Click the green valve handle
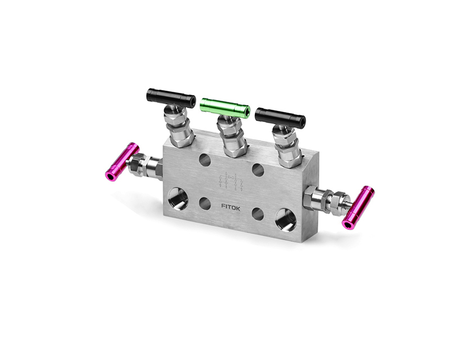click(x=225, y=107)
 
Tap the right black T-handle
click(x=280, y=118)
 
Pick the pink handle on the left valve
click(x=122, y=161)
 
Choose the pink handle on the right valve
click(x=359, y=207)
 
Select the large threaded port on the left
click(x=178, y=199)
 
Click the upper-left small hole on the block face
click(x=205, y=160)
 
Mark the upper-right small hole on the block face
click(x=258, y=169)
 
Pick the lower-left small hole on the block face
click(x=205, y=203)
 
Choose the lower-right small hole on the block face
click(x=258, y=214)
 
